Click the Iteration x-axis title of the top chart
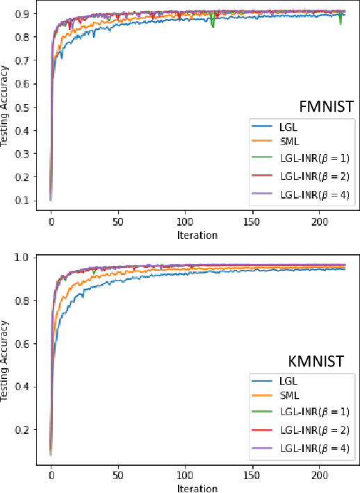(x=198, y=235)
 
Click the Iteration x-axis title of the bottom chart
(x=198, y=488)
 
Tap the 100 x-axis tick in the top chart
(x=184, y=223)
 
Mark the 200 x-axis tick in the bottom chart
(x=318, y=476)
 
